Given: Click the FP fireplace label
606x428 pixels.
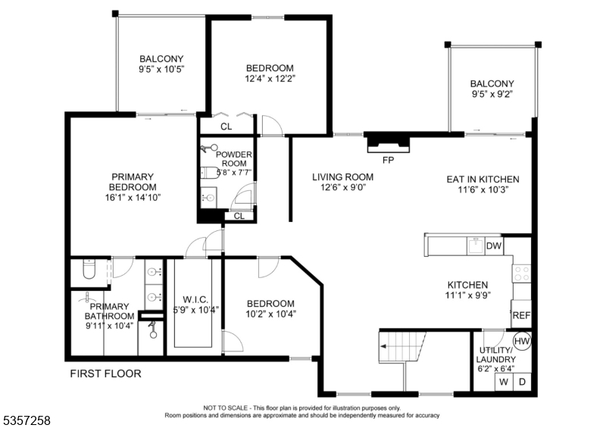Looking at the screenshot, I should point(387,160).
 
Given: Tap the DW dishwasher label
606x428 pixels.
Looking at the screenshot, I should point(494,245).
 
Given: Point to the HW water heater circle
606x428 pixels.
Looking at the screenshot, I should point(522,341).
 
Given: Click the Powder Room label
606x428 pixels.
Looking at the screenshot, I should point(233,160).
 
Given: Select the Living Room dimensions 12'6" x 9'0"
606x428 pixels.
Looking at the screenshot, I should point(343,189).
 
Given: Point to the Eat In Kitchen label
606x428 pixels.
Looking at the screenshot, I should point(483,180).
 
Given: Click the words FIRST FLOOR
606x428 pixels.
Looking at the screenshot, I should point(105,373).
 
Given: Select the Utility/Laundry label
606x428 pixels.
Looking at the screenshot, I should point(495,354).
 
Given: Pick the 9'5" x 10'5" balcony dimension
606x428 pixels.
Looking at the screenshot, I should point(161,69).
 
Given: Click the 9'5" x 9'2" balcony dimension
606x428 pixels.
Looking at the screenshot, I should point(492,95).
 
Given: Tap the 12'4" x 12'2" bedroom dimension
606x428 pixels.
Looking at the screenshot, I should point(270,78).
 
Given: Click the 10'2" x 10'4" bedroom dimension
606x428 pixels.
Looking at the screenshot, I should point(270,314).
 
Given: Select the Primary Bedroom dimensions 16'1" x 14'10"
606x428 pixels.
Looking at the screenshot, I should point(133,197).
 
